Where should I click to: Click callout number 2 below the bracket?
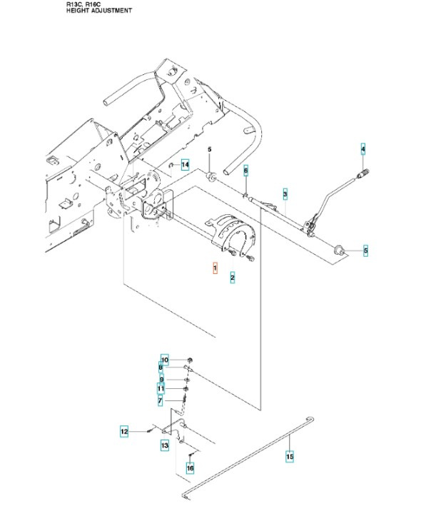pos(233,277)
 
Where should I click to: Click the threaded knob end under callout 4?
pos(362,171)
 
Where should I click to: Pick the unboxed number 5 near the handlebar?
pos(210,149)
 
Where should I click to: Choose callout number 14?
pos(184,165)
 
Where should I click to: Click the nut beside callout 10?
pos(190,358)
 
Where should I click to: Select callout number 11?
pos(161,389)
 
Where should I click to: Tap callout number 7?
pos(161,402)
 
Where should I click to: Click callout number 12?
pos(123,431)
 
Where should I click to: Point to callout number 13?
pos(165,445)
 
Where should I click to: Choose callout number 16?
pos(190,468)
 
